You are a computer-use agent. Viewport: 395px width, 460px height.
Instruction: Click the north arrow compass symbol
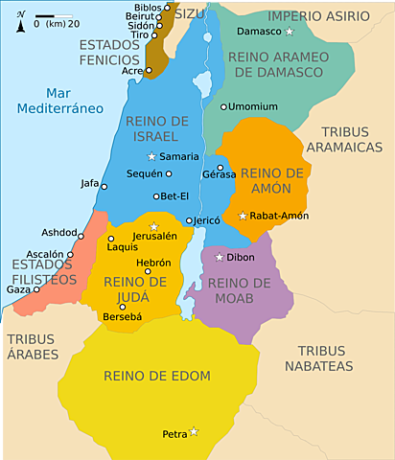(20, 19)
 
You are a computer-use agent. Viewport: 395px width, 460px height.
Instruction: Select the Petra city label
(174, 434)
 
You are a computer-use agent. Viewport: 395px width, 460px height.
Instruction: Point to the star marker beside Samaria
(151, 156)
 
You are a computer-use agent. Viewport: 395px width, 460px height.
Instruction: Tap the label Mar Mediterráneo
(59, 101)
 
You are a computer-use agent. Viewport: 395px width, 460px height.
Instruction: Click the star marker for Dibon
(220, 257)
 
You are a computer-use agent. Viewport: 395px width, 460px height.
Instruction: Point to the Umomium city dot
(223, 106)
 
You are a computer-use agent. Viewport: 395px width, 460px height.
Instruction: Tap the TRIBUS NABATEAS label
(325, 358)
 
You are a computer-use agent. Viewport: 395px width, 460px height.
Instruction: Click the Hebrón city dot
(149, 271)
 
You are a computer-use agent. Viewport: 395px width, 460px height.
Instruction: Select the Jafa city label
(89, 184)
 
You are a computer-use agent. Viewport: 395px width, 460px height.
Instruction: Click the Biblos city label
(148, 8)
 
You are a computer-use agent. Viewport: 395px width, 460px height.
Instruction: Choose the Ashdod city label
(58, 233)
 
